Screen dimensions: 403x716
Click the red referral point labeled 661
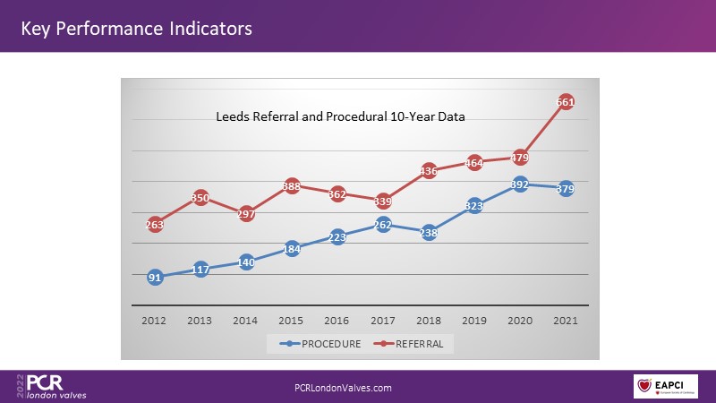coord(566,102)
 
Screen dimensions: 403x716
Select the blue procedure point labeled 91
coord(155,278)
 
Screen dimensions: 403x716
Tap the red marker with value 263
coord(155,225)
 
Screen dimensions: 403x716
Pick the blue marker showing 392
coord(520,184)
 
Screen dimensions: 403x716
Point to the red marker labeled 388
coord(292,186)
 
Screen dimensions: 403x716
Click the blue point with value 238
coord(429,232)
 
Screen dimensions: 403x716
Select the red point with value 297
coord(246,214)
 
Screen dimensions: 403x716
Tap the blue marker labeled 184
coord(292,249)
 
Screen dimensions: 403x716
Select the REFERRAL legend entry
coord(411,343)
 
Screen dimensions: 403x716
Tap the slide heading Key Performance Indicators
coord(136,29)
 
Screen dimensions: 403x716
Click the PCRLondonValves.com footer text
coord(343,387)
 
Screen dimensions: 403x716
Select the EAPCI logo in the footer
coord(665,386)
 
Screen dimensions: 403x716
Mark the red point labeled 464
coord(474,163)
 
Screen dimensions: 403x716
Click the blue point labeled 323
coord(474,206)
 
